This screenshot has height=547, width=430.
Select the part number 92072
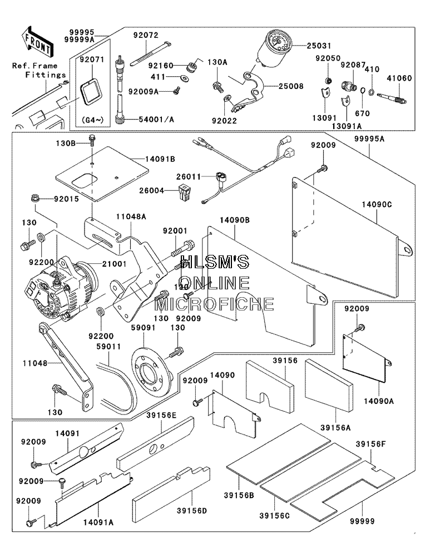(x=145, y=35)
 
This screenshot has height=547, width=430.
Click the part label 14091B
(x=160, y=159)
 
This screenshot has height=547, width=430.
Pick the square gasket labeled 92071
(x=93, y=91)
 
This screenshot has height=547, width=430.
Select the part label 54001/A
(x=156, y=119)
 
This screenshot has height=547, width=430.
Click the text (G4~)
(x=92, y=120)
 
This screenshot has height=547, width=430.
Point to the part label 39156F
(x=370, y=444)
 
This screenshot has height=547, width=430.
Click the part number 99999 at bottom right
(x=362, y=521)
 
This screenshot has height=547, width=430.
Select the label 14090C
(x=377, y=204)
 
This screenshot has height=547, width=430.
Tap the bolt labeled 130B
(x=92, y=140)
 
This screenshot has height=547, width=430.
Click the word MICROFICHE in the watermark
(x=214, y=304)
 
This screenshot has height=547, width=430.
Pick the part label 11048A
(x=131, y=216)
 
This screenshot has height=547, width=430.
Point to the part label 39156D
(x=192, y=511)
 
